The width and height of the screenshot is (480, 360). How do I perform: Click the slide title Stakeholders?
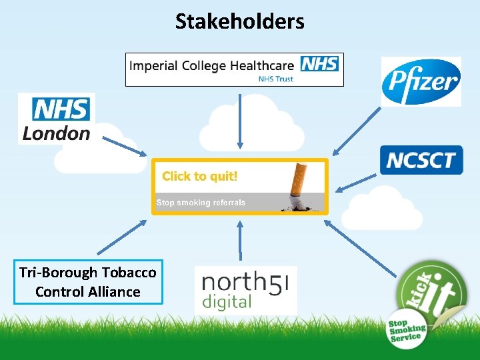[x=239, y=21]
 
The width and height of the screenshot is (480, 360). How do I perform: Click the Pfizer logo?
[x=421, y=81]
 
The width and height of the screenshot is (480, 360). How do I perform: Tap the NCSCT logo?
[x=421, y=160]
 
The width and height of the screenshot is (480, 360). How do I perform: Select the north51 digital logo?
[x=245, y=290]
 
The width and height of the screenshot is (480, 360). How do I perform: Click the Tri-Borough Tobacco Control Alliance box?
[x=88, y=282]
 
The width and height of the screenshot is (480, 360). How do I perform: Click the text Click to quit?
[x=200, y=177]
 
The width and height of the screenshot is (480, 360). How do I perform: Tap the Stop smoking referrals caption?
[x=201, y=203]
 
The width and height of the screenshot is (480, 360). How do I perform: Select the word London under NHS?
[x=56, y=133]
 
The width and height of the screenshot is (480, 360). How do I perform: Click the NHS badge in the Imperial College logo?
[x=319, y=64]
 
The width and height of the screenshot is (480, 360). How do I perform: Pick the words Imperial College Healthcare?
[x=213, y=65]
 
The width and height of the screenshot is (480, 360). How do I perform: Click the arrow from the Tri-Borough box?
[x=125, y=235]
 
